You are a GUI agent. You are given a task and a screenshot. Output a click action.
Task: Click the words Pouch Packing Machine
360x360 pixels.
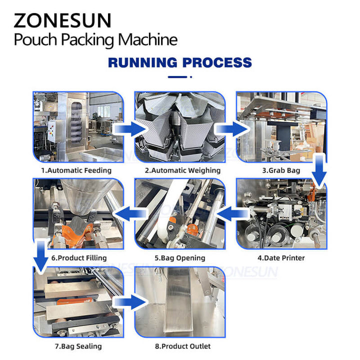pos(95,39)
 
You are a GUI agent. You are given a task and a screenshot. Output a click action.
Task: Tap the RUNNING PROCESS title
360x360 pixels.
pos(180,62)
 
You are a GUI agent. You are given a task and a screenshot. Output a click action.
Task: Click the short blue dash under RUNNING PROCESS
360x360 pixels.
pos(180,77)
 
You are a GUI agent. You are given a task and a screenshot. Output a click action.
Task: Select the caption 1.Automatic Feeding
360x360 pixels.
pos(76,170)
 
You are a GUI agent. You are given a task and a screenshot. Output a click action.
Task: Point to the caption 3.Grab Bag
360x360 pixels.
pos(281,170)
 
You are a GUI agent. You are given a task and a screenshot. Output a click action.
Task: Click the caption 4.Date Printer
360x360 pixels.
pos(281,258)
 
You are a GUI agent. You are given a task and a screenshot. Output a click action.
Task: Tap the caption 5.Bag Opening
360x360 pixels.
pos(179,258)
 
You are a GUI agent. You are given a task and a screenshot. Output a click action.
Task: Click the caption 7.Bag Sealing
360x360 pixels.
pos(77,346)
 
